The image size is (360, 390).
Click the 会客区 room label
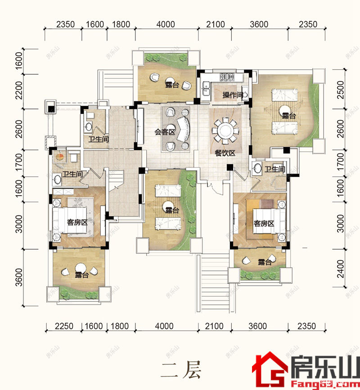(x=164, y=132)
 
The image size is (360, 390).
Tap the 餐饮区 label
(x=225, y=152)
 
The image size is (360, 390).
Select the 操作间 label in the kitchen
(x=233, y=95)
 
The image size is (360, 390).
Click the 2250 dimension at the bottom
(x=63, y=326)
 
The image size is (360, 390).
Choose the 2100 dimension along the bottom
(x=214, y=326)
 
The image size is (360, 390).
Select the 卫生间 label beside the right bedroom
(x=274, y=169)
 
